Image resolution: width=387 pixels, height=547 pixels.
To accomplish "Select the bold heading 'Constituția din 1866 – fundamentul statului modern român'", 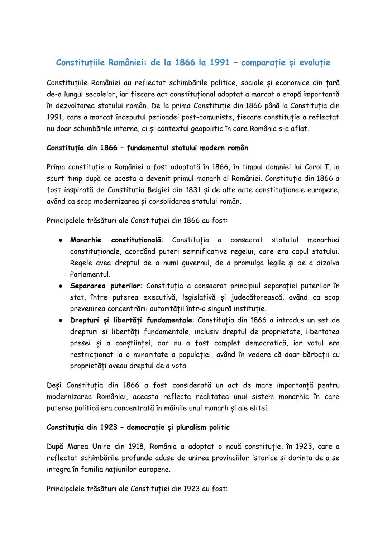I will pos(147,148).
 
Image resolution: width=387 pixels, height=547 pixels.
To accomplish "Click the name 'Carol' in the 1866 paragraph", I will pos(313,167).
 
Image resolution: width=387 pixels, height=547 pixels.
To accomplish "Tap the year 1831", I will pos(176,190).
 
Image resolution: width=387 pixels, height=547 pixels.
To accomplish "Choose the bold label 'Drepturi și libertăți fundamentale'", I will pos(132,320).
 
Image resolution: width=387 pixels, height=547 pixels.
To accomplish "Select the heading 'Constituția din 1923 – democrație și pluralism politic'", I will pos(138,427).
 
